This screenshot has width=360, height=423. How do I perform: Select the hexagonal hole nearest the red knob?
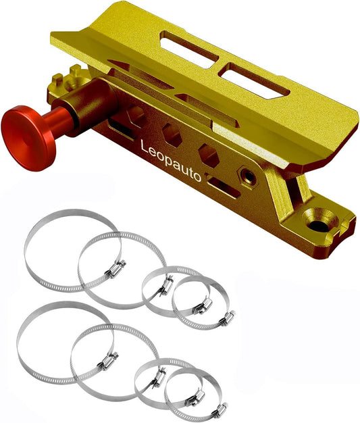point(135,116)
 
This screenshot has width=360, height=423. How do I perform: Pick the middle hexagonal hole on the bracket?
point(172,136)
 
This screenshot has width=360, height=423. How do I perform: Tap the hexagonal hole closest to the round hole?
point(209,157)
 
